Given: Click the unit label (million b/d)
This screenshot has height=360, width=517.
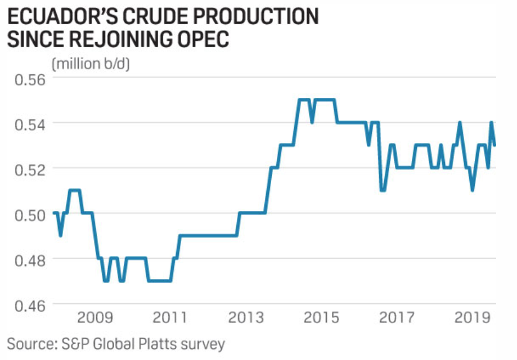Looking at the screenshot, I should [x=91, y=64].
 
